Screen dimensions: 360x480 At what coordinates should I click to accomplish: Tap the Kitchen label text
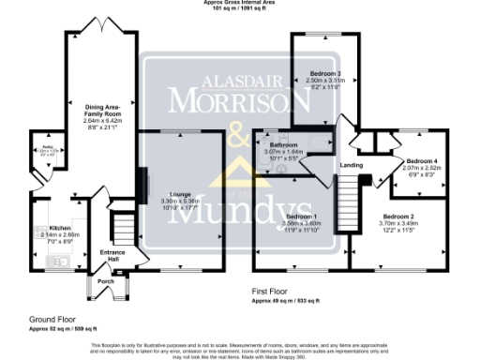(47, 228)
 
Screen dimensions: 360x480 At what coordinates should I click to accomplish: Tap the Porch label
(105, 280)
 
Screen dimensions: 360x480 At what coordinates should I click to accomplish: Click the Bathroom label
(284, 145)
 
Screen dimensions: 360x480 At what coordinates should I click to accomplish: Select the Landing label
(352, 166)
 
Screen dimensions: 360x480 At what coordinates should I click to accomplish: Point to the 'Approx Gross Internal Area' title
(240, 3)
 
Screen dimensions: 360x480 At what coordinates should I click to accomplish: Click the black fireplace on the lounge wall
(142, 182)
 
